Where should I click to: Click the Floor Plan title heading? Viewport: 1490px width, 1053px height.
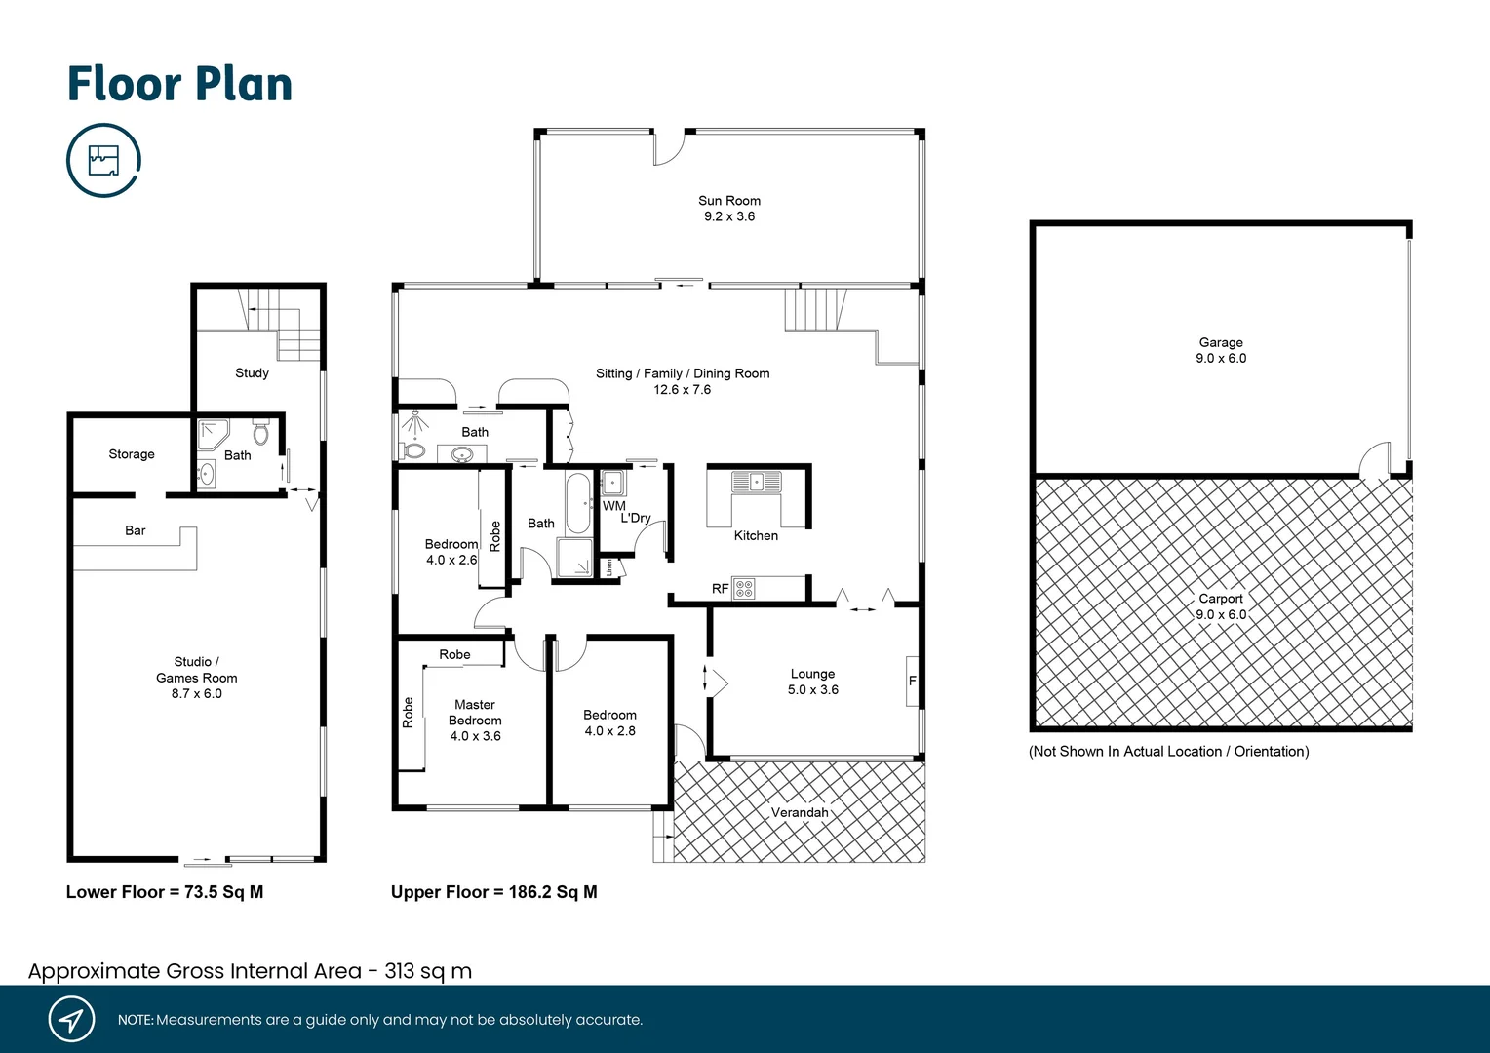[179, 84]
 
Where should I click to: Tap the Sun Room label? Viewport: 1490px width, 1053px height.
[729, 201]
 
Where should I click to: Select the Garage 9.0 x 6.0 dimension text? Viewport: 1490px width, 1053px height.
[1221, 359]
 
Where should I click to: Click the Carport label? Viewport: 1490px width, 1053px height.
[1221, 599]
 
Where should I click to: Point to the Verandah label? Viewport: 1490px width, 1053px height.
[800, 812]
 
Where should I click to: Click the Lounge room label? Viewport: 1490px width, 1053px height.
[812, 674]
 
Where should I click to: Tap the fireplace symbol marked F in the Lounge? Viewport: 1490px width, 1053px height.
[913, 681]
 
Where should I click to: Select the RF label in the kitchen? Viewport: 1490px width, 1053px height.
[720, 589]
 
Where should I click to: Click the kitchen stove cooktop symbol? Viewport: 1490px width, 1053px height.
[744, 589]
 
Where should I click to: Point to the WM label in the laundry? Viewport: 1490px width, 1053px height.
[614, 506]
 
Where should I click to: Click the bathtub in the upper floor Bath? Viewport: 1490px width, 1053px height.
[578, 503]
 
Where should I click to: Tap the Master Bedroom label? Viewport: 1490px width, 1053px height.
[475, 713]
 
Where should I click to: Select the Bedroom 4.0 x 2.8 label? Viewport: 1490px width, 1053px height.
[609, 722]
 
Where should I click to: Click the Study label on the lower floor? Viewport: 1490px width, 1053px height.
[252, 372]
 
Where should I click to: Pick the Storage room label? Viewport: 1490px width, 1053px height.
[132, 454]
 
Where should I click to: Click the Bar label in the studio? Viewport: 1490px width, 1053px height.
[136, 530]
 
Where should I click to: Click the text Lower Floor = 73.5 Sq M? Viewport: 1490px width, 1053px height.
[165, 892]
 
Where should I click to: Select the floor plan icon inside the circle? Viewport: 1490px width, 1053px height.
[103, 160]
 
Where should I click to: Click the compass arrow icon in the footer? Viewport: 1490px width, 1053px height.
[71, 1020]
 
